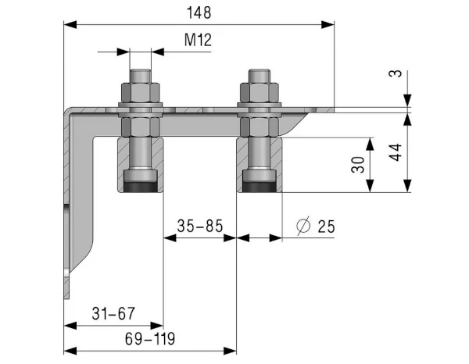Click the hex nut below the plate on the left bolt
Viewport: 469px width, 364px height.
[141, 127]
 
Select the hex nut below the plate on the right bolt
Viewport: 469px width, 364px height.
[260, 127]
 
